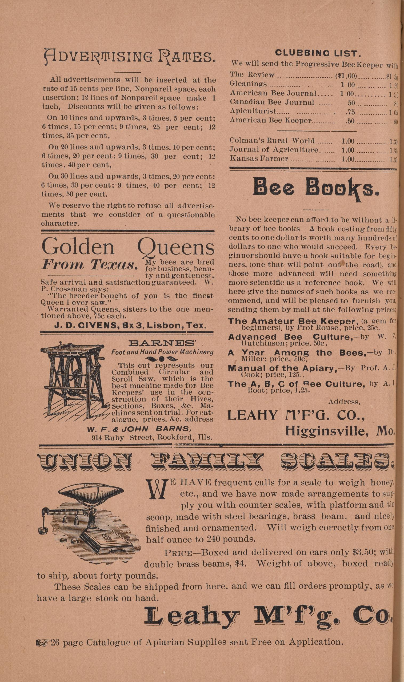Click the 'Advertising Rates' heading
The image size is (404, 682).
tap(130, 57)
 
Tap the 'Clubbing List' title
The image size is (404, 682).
tap(318, 53)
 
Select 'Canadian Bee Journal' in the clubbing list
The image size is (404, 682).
tap(272, 102)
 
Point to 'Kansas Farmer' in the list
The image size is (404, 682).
tap(259, 158)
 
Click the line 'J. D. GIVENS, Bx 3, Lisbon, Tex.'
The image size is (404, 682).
tap(127, 326)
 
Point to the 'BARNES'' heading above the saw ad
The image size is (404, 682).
tap(162, 343)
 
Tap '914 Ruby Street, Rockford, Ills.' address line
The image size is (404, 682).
tap(152, 438)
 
